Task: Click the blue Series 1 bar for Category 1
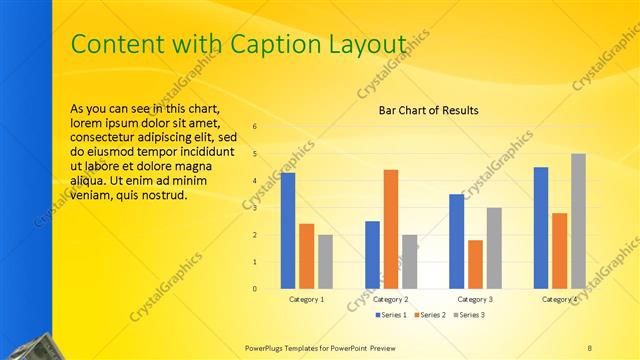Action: coord(288,230)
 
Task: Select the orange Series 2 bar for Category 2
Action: coord(390,229)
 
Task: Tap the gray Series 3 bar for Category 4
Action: coord(578,221)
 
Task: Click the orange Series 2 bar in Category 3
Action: coord(475,264)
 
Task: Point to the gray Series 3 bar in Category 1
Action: coord(325,261)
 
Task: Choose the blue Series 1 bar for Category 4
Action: coord(541,227)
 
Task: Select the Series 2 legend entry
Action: coord(430,315)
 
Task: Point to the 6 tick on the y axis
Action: coord(255,127)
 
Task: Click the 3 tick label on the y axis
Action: coord(255,208)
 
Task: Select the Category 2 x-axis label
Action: coord(390,299)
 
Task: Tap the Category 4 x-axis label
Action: coord(559,299)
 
